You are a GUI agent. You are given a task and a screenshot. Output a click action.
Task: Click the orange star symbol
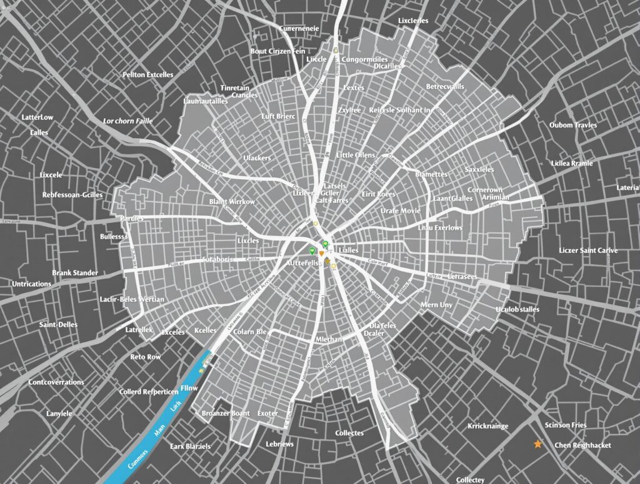(x=537, y=444)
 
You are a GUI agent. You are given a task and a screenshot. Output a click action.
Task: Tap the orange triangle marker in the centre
(x=322, y=254)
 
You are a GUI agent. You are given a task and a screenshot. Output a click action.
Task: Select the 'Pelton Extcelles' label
(x=147, y=74)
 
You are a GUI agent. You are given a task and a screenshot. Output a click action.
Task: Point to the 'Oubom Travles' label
(x=573, y=125)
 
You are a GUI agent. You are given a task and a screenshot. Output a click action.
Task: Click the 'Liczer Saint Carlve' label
(x=588, y=250)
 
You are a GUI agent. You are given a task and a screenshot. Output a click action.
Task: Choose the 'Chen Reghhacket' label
(x=582, y=445)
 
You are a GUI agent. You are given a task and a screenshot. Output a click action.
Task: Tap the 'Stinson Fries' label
(x=566, y=425)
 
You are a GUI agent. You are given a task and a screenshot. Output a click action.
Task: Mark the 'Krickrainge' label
(x=487, y=426)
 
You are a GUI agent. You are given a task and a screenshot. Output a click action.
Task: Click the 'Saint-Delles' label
(x=58, y=325)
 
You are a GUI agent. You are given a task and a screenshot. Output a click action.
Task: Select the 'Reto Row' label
(x=146, y=357)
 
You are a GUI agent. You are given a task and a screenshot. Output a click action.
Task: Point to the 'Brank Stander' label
(x=75, y=273)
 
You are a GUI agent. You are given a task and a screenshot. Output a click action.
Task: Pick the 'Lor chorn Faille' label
(x=128, y=121)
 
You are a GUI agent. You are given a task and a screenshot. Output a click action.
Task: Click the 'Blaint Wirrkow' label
(x=232, y=202)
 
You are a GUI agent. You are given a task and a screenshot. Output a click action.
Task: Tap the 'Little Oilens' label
(x=356, y=155)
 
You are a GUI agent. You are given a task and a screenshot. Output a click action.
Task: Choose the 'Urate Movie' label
(x=401, y=211)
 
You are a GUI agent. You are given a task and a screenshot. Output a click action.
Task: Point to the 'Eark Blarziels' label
(x=190, y=447)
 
